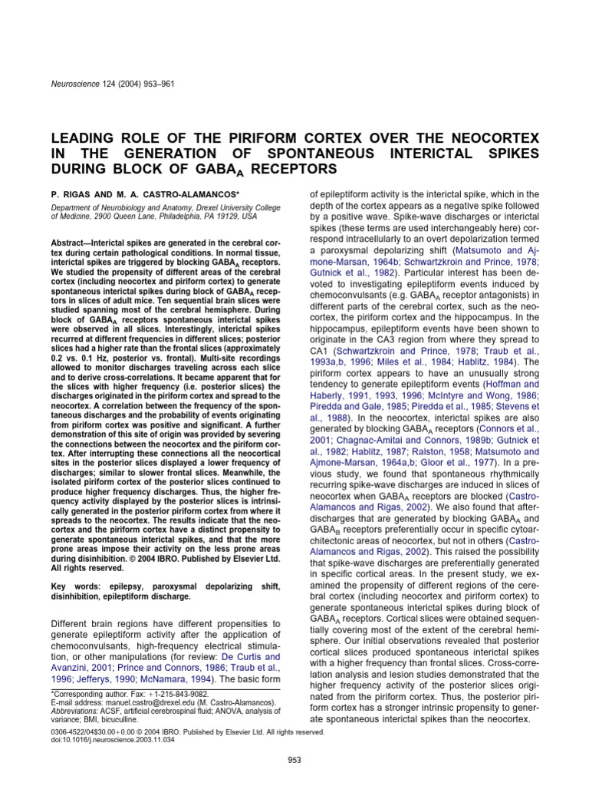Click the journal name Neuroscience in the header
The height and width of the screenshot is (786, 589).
point(74,83)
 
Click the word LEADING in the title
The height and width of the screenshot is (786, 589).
point(84,138)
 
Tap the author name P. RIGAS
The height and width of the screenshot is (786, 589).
point(72,196)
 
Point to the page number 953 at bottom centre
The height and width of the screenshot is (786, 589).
point(294,760)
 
